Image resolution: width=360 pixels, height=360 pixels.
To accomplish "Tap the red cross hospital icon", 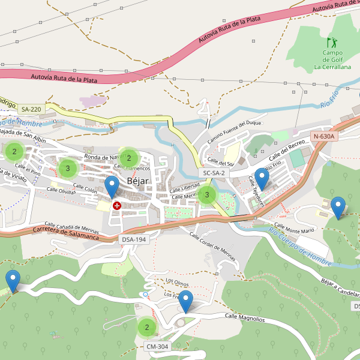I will [116, 206].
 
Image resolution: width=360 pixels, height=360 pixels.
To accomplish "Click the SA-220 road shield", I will [31, 109].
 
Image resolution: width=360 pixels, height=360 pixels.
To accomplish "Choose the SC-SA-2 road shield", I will [214, 173].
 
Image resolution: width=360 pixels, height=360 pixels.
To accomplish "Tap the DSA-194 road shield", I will [134, 239].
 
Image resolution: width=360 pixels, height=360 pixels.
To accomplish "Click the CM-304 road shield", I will [157, 346].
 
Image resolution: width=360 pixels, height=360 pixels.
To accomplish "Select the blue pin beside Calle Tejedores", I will [262, 178].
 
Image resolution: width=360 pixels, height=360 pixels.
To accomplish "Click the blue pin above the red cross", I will [112, 187].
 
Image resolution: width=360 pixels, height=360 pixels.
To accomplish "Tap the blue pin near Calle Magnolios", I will [186, 301].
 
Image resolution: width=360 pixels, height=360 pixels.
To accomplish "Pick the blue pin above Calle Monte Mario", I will [338, 207].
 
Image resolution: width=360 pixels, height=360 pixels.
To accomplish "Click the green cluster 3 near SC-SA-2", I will [207, 194].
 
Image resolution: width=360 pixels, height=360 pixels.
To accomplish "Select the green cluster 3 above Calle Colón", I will [68, 169].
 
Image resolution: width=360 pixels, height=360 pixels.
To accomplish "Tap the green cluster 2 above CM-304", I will [146, 328].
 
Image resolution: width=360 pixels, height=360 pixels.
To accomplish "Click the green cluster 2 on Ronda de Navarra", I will [128, 158].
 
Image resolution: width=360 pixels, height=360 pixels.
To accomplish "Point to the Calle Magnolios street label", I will [244, 317].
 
